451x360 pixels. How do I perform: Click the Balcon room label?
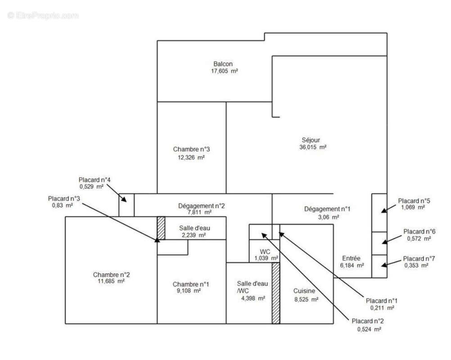click(x=223, y=64)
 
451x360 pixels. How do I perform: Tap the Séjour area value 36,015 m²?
click(x=312, y=147)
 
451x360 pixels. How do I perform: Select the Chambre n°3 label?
click(x=191, y=149)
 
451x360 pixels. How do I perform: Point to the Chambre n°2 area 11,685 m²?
click(x=112, y=281)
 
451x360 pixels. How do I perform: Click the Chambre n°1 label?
click(x=191, y=284)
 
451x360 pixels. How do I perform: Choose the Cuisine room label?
click(x=304, y=291)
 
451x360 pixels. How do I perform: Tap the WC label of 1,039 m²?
click(x=265, y=251)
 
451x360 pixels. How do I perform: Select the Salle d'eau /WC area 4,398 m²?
click(x=253, y=298)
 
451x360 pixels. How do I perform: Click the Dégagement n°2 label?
click(x=201, y=206)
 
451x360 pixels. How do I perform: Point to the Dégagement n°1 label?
click(x=327, y=209)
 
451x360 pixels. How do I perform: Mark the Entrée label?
click(x=351, y=258)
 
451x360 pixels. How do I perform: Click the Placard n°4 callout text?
click(x=95, y=180)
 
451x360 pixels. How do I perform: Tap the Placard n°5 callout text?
click(x=413, y=201)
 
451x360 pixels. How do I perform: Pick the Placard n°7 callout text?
click(x=419, y=259)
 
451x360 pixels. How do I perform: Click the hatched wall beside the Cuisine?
click(x=276, y=293)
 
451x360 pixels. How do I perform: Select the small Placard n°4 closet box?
click(x=126, y=205)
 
